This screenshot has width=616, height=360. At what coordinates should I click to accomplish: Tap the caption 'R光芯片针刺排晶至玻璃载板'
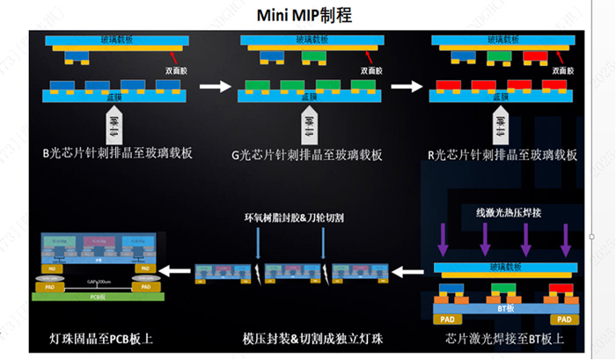[502, 154]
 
